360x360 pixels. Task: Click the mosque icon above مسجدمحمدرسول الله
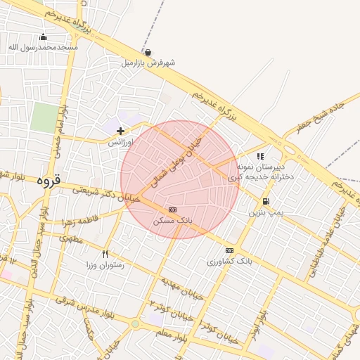(44, 37)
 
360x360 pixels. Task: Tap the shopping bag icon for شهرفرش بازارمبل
(148, 52)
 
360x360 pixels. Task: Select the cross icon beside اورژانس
(120, 130)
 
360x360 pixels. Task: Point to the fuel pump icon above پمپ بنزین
(265, 201)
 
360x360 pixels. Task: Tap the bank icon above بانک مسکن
(173, 210)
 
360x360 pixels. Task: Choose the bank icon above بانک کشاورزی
(229, 250)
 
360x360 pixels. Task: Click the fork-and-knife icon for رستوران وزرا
(105, 254)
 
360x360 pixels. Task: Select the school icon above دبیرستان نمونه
(260, 156)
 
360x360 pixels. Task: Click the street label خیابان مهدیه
(181, 287)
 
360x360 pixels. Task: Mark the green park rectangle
(44, 117)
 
